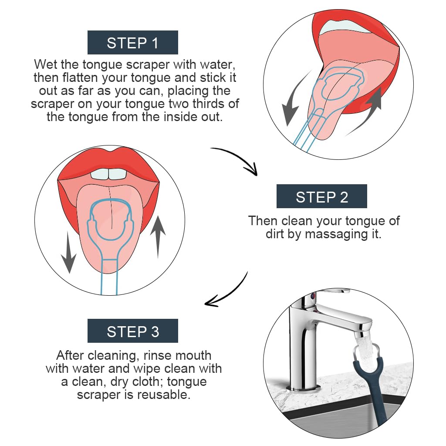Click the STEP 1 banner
(x=133, y=43)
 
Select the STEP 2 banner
(x=321, y=196)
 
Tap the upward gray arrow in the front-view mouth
(x=158, y=238)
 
